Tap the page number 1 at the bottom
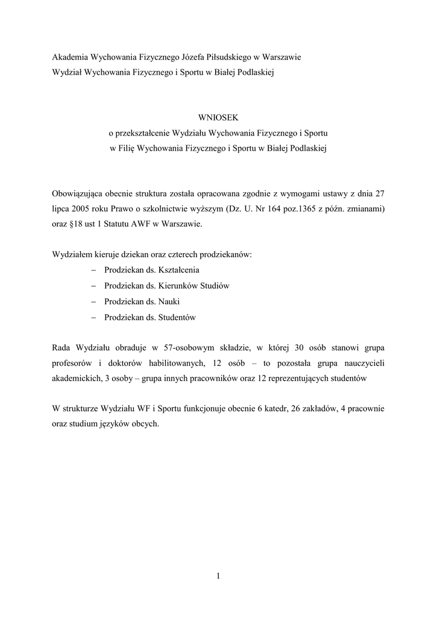218,577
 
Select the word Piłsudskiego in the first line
227,57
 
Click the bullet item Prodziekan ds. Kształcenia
151,270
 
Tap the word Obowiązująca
77,193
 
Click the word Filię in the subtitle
127,148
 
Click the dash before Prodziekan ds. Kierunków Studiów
93,286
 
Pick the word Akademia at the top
70,57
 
